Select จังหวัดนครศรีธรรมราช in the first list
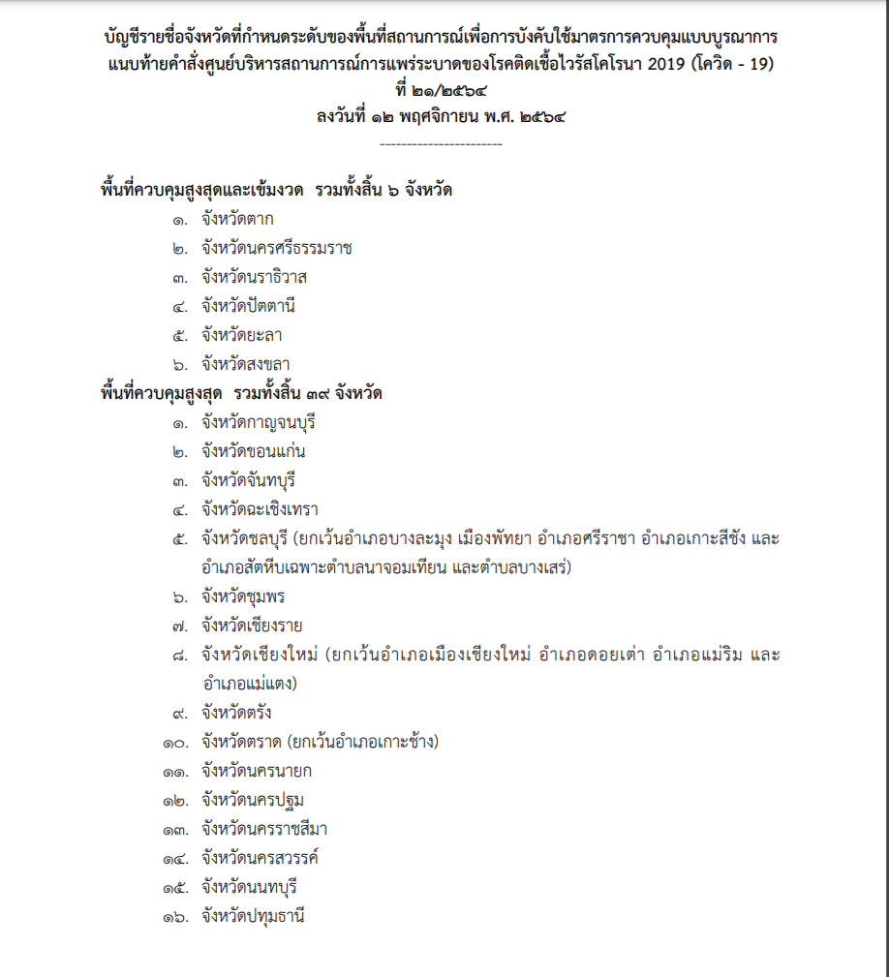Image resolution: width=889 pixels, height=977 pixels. tap(277, 248)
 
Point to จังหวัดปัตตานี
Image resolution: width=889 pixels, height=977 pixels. tap(248, 306)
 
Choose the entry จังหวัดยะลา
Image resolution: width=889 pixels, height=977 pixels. tap(242, 335)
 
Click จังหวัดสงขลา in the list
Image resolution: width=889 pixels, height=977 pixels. tap(245, 364)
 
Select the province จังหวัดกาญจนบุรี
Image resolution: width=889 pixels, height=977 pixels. tap(260, 422)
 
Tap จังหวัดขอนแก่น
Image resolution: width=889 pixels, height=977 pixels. tap(254, 451)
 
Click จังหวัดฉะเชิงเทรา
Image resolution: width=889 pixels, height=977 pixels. tap(260, 509)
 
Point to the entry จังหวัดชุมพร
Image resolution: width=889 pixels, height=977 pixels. tap(243, 596)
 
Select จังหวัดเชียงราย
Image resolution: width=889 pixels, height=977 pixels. tap(252, 626)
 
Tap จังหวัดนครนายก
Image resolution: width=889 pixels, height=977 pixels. tap(257, 771)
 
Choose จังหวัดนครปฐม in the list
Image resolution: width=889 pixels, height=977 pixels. tap(254, 800)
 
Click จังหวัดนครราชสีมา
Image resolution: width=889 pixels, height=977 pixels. tap(266, 829)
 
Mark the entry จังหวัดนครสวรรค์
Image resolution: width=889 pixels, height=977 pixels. tap(261, 858)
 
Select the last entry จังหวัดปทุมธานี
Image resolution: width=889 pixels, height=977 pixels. tap(254, 916)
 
